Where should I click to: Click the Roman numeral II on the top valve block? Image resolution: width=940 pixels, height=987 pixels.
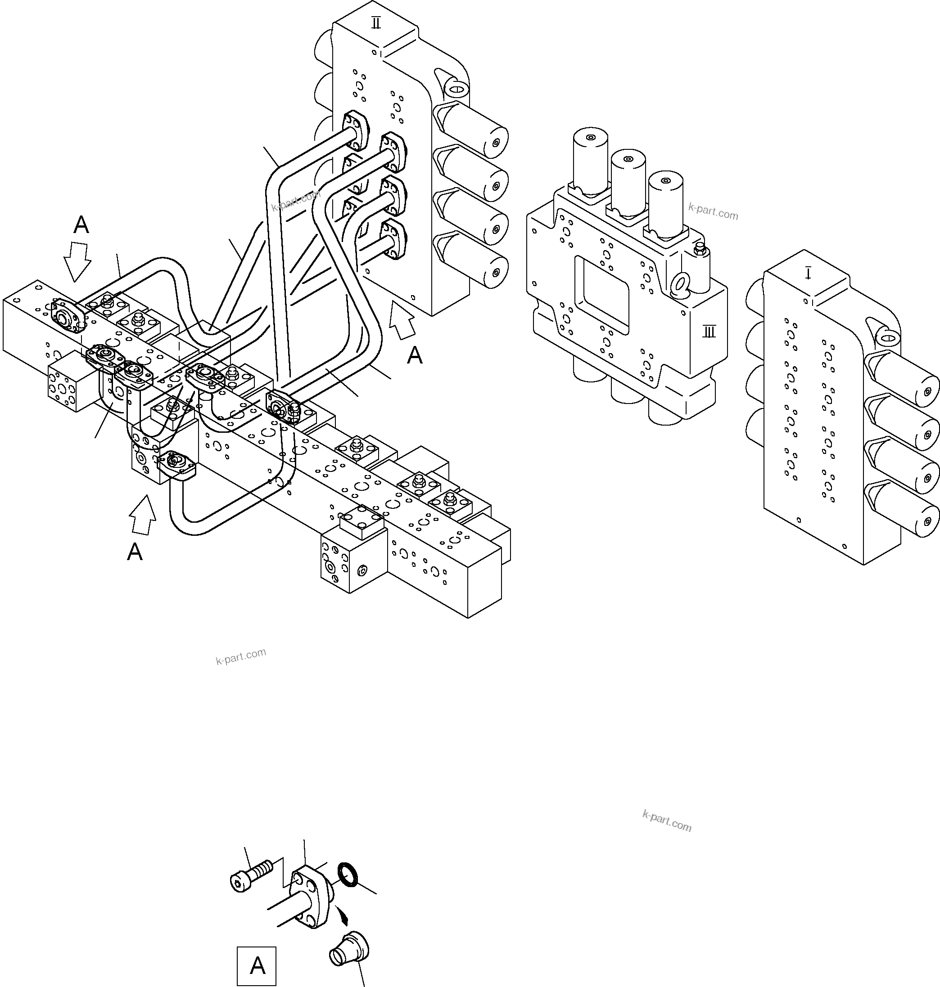coord(376,23)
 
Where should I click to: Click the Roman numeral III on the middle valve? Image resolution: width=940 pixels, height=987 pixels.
coord(709,331)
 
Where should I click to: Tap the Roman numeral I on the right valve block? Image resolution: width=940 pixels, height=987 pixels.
coord(808,273)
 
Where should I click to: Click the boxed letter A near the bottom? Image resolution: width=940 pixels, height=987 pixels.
coord(257,965)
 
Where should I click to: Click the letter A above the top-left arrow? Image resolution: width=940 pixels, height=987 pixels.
coord(81,225)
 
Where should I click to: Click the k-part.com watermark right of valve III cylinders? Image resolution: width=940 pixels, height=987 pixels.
coord(713,212)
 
